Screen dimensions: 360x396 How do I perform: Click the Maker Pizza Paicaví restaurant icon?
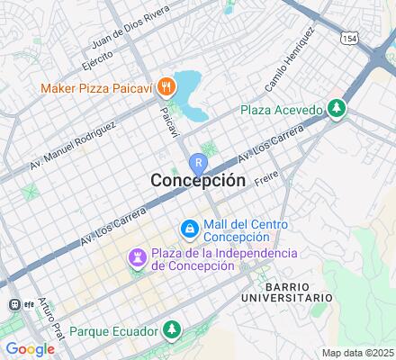[x=166, y=87]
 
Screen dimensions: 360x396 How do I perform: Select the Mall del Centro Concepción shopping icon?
[x=189, y=230]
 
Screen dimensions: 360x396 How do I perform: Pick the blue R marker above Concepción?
[x=198, y=163]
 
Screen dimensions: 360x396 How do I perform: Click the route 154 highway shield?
[x=349, y=38]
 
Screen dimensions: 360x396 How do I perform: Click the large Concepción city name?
[x=197, y=181]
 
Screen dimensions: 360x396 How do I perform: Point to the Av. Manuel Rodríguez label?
[x=72, y=144]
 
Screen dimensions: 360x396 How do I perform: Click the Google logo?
[x=30, y=349]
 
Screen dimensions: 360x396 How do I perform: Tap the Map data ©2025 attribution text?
[x=358, y=353]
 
